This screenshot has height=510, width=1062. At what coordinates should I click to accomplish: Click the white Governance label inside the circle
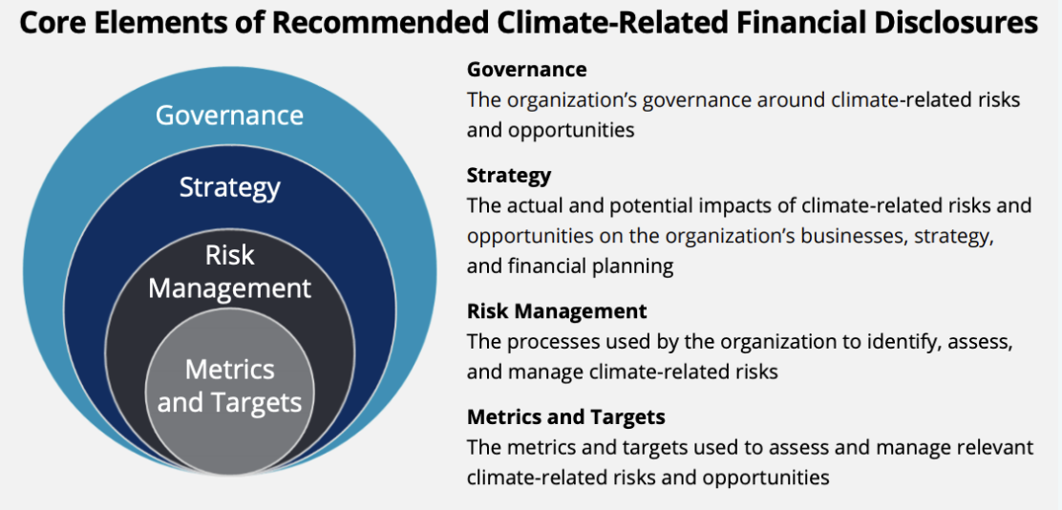(229, 115)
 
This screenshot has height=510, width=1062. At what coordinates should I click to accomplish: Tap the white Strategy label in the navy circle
(229, 187)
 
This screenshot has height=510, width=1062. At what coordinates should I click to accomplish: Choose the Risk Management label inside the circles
(229, 272)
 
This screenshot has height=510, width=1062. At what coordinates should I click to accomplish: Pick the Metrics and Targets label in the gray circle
(229, 386)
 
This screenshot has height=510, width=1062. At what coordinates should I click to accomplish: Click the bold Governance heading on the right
(527, 69)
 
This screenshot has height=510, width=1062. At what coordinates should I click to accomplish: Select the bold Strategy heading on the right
(509, 176)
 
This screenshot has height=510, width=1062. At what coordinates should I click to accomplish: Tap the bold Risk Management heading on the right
(557, 311)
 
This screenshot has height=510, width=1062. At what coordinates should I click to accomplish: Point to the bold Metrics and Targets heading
(566, 416)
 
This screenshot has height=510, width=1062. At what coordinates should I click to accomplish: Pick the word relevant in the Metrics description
(993, 447)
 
